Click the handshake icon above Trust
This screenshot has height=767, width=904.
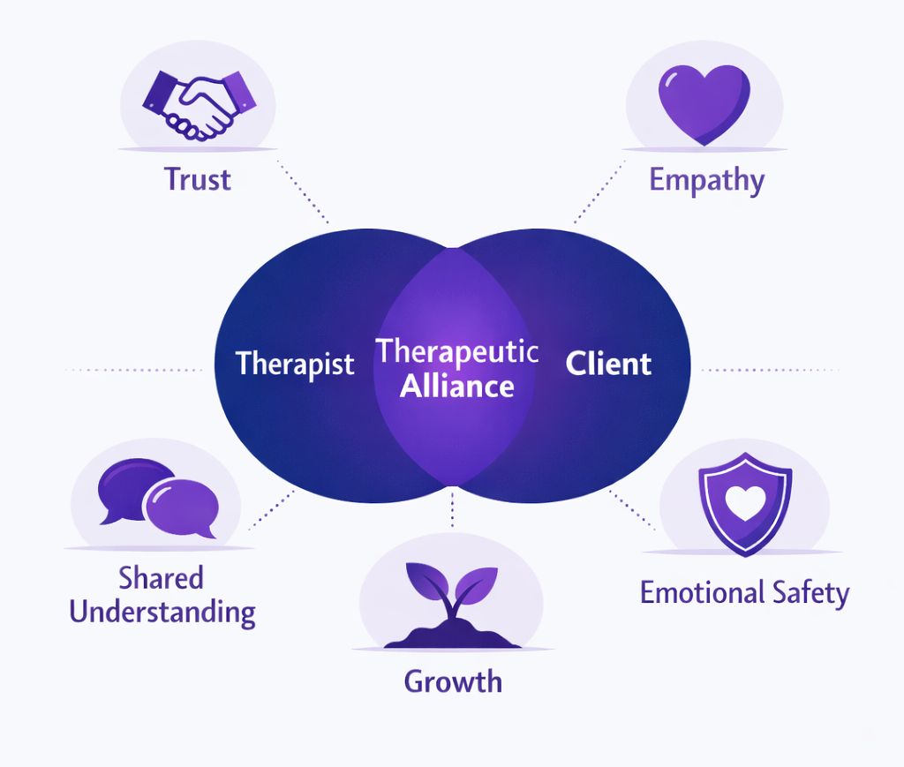(x=199, y=103)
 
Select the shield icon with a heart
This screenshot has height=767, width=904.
(x=744, y=504)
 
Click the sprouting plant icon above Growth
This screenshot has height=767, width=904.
(x=452, y=600)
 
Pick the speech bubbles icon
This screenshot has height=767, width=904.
(x=157, y=498)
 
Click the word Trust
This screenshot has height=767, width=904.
(x=197, y=179)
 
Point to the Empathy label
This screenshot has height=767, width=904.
(x=706, y=180)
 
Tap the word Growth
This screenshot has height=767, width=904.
(x=453, y=681)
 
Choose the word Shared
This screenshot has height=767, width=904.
(x=162, y=578)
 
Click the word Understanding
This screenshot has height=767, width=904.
(x=162, y=612)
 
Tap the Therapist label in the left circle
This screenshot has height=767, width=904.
(x=295, y=365)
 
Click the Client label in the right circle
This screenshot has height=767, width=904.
(x=608, y=364)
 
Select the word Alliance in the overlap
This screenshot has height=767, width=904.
(x=457, y=386)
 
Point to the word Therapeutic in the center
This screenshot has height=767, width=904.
(x=457, y=351)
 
